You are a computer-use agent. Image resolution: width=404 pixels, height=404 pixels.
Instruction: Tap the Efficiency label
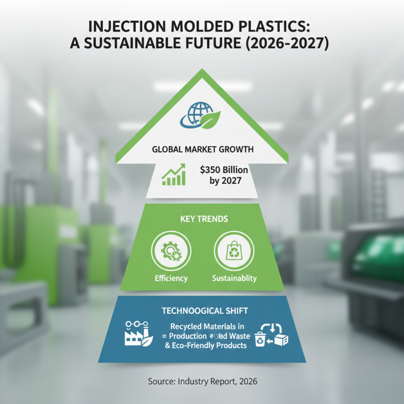[171, 278]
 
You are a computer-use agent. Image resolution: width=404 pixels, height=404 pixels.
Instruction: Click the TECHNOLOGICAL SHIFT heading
[201, 311]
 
